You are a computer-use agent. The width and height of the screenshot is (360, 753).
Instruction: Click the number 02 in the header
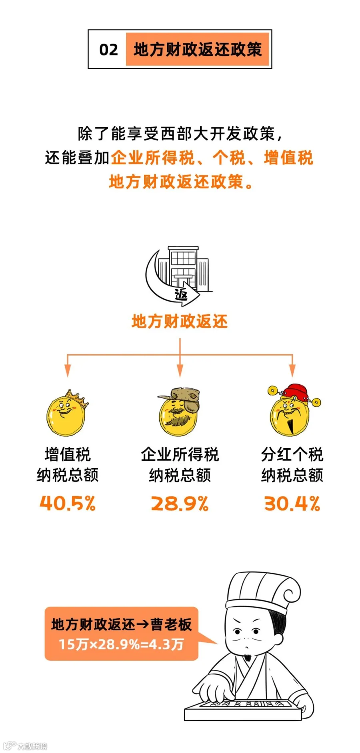108,50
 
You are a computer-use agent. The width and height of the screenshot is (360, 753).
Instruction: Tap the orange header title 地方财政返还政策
197,50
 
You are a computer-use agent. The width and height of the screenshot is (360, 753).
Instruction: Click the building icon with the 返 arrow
179,276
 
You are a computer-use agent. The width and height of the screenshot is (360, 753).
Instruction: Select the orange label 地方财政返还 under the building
180,321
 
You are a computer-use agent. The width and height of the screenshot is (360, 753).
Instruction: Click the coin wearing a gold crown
67,413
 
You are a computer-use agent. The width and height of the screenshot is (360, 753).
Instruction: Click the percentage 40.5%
68,503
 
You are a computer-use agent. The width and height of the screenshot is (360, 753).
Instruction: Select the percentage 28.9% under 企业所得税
180,503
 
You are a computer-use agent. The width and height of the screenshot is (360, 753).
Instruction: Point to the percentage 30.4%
292,503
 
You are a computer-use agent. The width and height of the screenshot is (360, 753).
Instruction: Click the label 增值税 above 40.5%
68,454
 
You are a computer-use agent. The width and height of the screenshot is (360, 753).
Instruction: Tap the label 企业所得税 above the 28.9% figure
180,454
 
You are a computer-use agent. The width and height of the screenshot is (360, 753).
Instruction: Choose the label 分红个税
292,454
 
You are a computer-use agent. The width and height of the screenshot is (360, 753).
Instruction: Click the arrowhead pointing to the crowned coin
68,371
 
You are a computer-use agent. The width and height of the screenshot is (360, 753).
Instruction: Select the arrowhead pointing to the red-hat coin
292,371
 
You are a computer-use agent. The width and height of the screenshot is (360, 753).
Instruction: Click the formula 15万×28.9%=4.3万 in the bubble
121,644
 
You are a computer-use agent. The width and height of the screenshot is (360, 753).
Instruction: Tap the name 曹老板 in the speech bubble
171,624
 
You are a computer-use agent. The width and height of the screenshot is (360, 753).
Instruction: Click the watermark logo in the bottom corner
25,746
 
